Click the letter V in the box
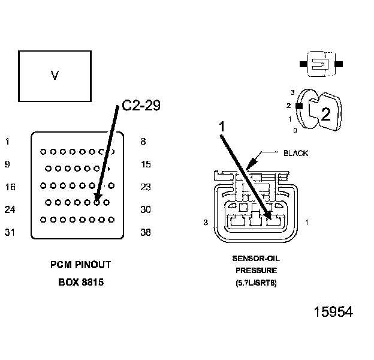click(x=55, y=76)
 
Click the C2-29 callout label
click(x=141, y=106)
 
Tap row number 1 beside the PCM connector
click(x=7, y=142)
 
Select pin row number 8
click(x=142, y=142)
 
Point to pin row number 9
click(x=7, y=164)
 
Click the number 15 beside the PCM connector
click(x=145, y=164)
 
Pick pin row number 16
click(x=10, y=187)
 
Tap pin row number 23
click(x=145, y=187)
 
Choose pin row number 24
click(x=10, y=210)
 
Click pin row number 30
click(x=145, y=210)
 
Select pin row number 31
click(x=10, y=233)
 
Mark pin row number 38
click(x=145, y=233)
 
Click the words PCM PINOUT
click(x=81, y=265)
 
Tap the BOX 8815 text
click(x=81, y=281)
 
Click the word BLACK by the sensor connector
click(x=295, y=154)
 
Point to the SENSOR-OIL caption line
click(x=256, y=259)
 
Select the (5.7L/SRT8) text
click(x=256, y=282)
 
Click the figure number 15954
click(x=333, y=312)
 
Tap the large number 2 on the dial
click(x=325, y=115)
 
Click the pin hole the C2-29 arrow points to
click(x=96, y=203)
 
